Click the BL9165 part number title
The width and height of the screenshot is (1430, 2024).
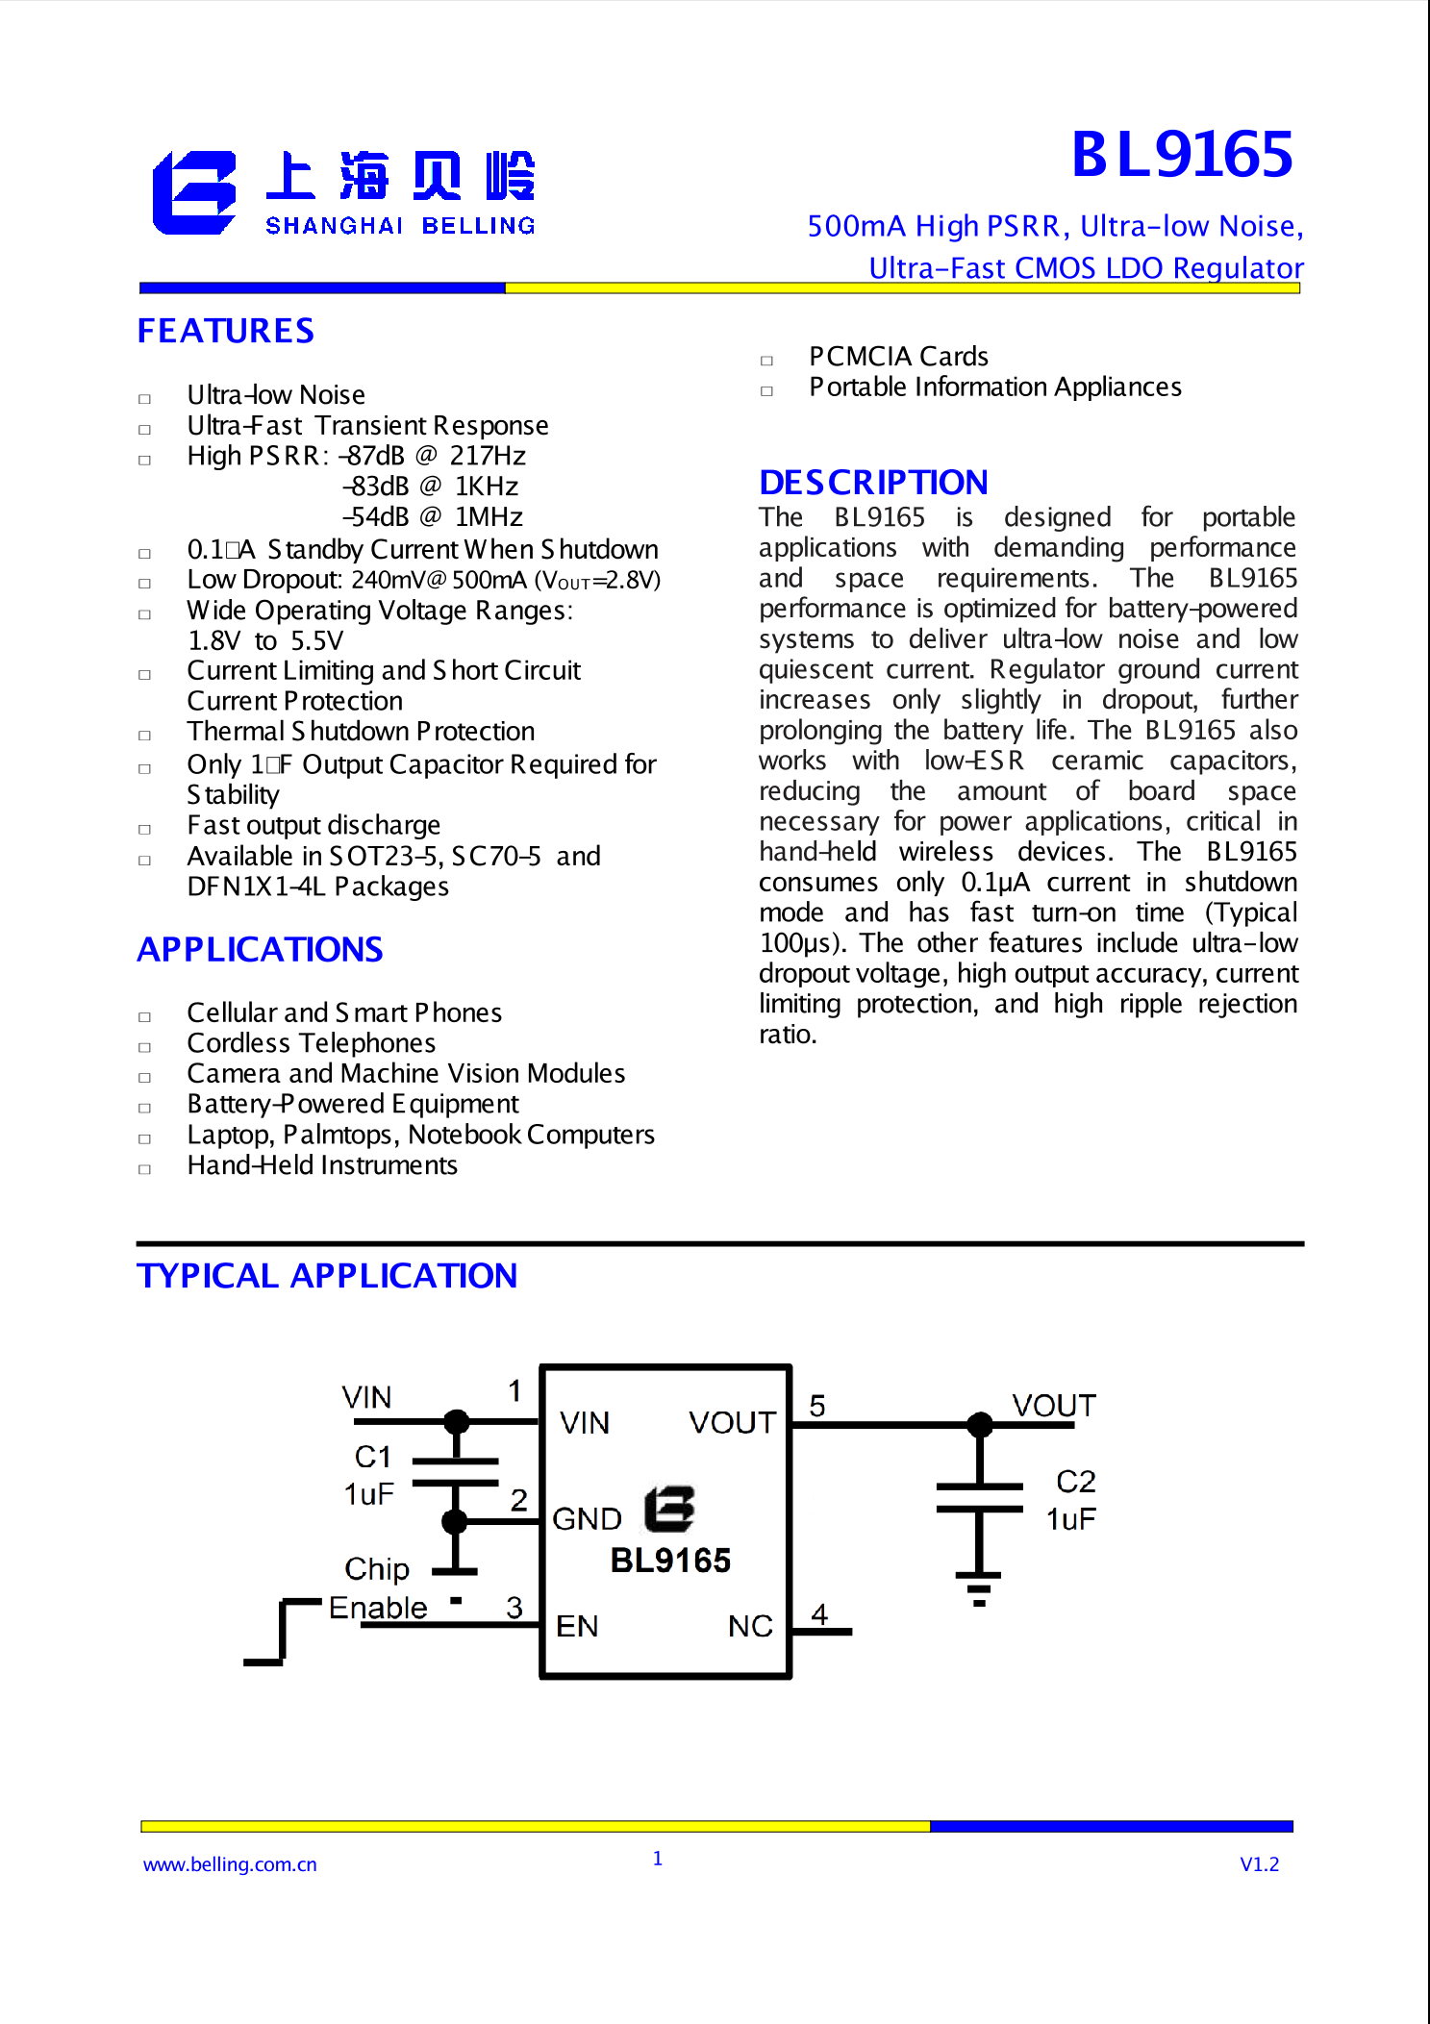tap(1182, 154)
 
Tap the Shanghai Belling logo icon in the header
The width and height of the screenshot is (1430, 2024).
tap(194, 192)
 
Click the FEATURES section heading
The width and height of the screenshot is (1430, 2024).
tap(226, 331)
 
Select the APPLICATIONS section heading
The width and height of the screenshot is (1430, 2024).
tap(261, 950)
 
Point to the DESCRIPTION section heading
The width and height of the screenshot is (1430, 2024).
tap(873, 482)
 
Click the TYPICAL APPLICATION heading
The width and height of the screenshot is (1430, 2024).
tap(327, 1276)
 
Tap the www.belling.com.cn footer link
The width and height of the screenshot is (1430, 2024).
tap(230, 1864)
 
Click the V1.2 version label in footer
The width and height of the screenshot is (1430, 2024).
tap(1259, 1864)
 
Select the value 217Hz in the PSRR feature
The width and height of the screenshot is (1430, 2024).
tap(488, 456)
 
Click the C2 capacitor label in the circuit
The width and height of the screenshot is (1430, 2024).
tap(1075, 1481)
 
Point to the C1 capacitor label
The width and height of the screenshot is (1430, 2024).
tap(373, 1457)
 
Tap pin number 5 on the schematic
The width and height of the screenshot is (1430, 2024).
tap(817, 1406)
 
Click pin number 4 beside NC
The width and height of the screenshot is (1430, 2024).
tap(819, 1613)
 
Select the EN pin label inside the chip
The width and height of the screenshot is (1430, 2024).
tap(577, 1626)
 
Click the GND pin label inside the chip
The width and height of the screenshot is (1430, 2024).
tap(587, 1519)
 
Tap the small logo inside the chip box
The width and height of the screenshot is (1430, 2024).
tap(669, 1509)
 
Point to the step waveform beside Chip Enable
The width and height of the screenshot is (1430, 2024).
tap(282, 1632)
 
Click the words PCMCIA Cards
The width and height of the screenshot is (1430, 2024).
tap(898, 357)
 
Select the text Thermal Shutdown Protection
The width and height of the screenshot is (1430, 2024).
tap(361, 732)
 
